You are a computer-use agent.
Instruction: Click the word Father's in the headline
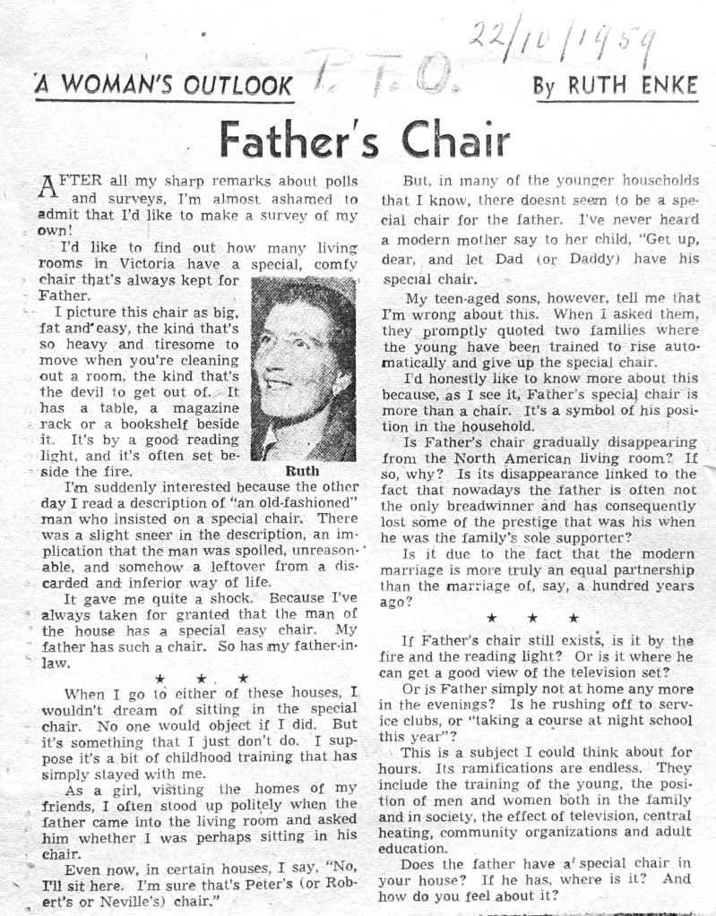[297, 141]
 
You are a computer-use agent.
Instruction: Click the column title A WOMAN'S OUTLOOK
[164, 87]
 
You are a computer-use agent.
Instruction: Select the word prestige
[543, 521]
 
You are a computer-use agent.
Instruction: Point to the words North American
[518, 458]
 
